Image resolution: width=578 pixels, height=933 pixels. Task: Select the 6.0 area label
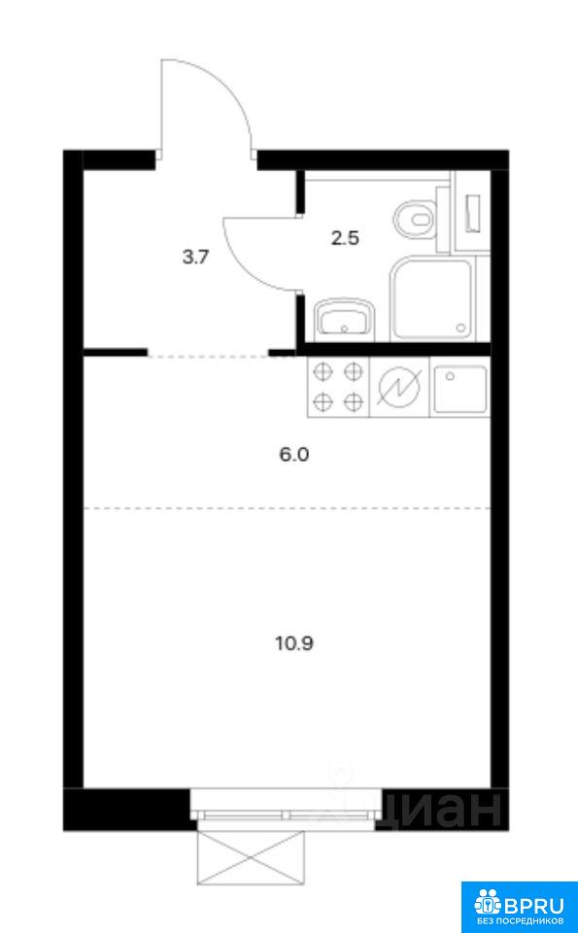coord(295,455)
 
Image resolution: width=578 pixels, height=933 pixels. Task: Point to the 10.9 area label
coord(293,643)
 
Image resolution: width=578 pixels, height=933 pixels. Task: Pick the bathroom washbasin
coord(344,319)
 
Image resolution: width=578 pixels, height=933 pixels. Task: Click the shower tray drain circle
coord(460,328)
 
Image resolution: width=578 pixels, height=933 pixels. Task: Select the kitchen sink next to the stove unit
coord(459,388)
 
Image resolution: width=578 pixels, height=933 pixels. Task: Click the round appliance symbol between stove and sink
coord(398,388)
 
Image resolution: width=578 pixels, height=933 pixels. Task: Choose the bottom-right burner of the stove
coord(354,401)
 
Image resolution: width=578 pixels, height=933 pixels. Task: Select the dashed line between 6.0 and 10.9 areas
coord(287,508)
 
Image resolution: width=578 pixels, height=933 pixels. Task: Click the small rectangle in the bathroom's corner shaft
coord(473,213)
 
